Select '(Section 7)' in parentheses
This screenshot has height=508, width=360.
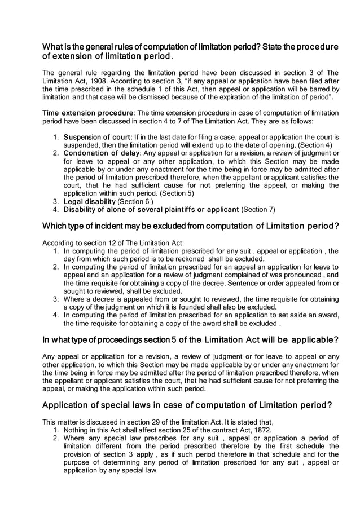(x=258, y=209)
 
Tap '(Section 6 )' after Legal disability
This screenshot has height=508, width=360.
(x=137, y=201)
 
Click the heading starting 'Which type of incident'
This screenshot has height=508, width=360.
(x=191, y=227)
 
